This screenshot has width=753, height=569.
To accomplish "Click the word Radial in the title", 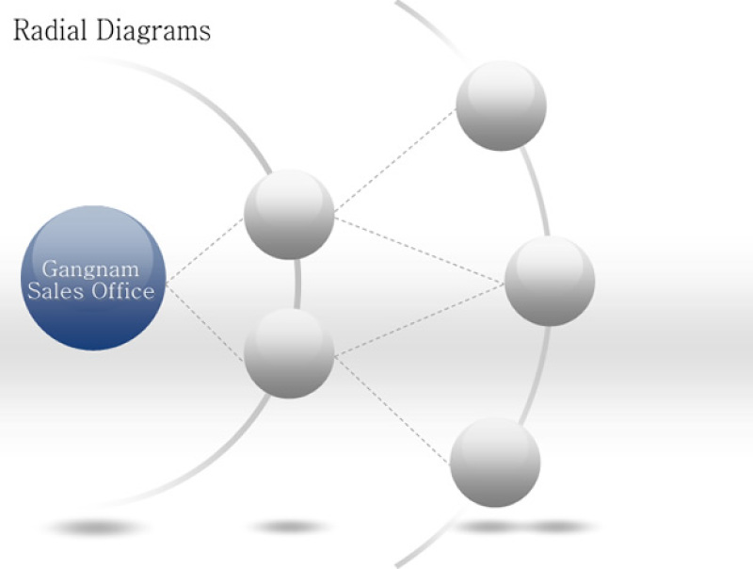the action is pos(50,30).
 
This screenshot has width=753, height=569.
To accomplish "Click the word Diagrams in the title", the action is pos(153,31).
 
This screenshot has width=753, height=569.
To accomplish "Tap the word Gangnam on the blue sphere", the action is pos(90,269).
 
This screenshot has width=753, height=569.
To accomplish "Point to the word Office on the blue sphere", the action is pos(123,291).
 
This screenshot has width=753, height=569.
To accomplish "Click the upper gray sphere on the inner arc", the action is pos(289,215).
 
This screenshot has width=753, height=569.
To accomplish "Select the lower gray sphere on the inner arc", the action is pos(289,353).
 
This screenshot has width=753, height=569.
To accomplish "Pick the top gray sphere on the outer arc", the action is pos(501,106).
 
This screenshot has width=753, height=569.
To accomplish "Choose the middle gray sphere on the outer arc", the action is pos(550,281).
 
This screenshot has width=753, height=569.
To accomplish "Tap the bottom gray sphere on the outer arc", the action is pos(495,462).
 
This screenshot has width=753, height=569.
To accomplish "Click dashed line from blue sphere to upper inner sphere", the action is pos(205,251).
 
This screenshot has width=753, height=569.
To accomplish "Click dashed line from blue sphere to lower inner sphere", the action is pos(205,322).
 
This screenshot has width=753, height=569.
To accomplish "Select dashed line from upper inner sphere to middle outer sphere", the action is pos(420,250).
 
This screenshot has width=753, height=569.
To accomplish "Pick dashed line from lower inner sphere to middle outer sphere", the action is pos(420,319).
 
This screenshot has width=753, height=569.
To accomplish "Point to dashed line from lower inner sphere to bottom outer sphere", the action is pos(393,410).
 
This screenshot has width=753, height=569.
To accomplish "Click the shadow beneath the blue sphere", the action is pos(96,528).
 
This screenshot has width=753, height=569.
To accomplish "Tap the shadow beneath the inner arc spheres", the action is pos(290,528).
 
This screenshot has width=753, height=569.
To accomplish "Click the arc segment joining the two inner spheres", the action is pos(297,284).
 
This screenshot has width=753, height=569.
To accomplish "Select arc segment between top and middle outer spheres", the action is pos(536,191).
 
